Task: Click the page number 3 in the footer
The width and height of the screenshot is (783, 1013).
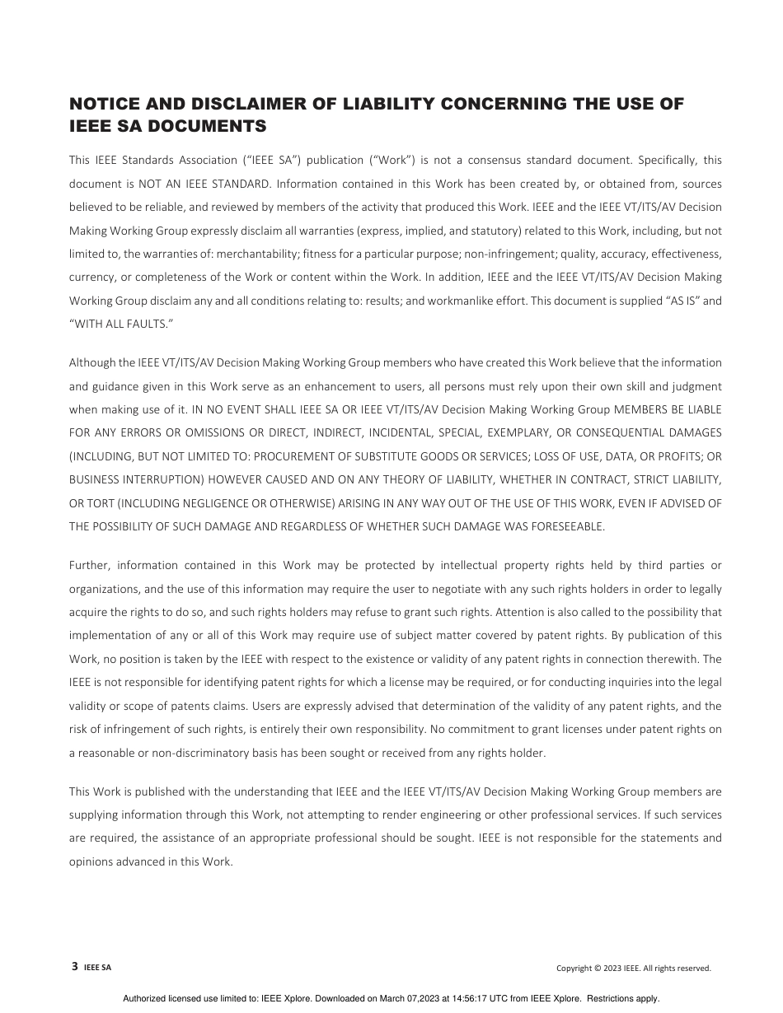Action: tap(75, 967)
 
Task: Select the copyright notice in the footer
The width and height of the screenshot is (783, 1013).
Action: tap(633, 969)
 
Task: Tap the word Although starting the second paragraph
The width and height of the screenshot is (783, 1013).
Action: tap(92, 362)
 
